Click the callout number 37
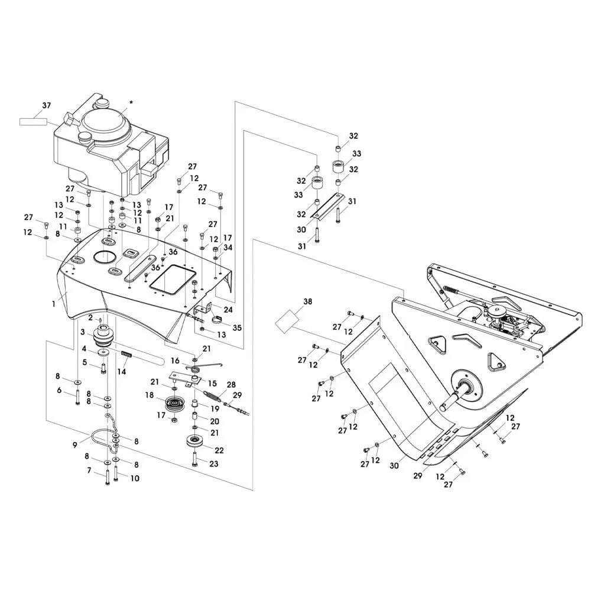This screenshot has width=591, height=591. click(x=46, y=106)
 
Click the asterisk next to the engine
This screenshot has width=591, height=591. click(x=131, y=103)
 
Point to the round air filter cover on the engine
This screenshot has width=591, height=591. click(x=105, y=123)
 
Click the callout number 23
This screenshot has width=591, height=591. click(x=214, y=465)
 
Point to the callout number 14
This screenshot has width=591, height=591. click(x=122, y=372)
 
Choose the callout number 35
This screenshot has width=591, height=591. click(x=237, y=327)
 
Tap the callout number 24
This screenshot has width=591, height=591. click(x=228, y=309)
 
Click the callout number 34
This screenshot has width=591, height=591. click(x=228, y=248)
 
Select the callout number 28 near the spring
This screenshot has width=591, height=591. click(x=231, y=385)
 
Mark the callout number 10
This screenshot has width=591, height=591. click(x=135, y=478)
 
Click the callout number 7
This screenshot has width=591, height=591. click(x=89, y=470)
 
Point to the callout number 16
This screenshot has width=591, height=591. click(x=176, y=361)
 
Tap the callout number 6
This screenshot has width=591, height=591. click(x=59, y=390)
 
